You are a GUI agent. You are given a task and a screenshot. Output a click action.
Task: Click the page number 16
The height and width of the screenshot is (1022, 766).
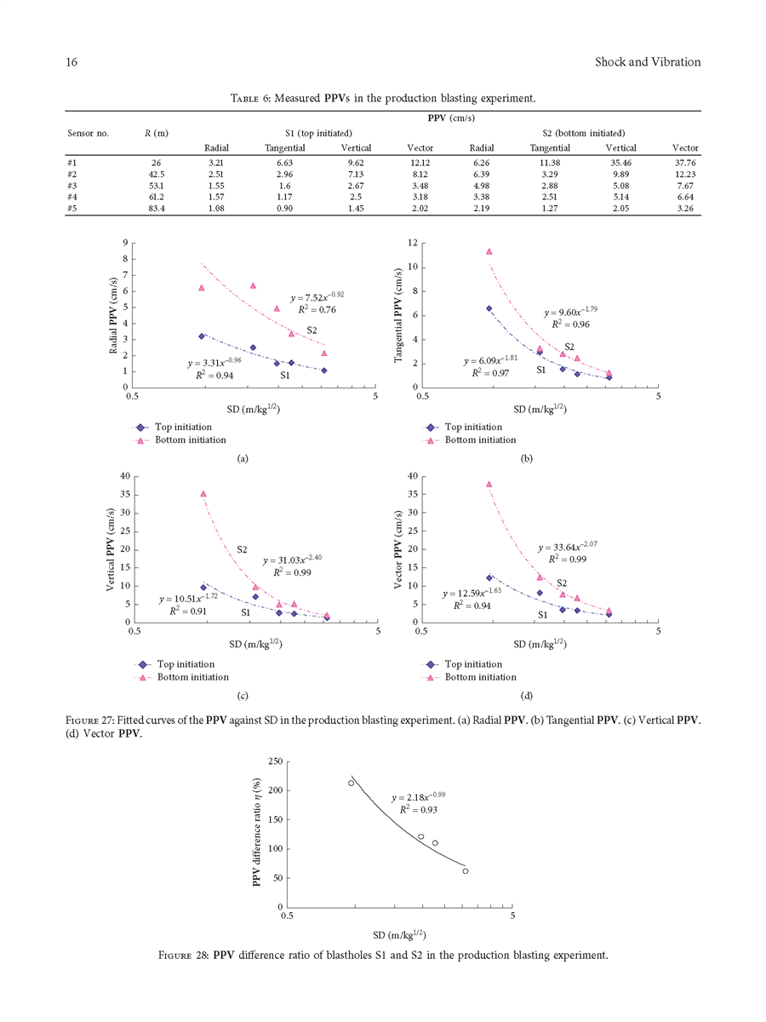[71, 62]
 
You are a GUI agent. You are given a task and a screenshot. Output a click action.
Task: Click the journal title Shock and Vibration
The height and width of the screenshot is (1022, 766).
[647, 62]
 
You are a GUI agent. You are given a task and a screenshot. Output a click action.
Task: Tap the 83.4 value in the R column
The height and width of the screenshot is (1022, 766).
[155, 209]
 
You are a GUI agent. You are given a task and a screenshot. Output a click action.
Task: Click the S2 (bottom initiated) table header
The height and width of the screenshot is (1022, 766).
[584, 133]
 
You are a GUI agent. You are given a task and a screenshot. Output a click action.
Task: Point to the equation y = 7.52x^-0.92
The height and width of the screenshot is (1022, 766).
[317, 297]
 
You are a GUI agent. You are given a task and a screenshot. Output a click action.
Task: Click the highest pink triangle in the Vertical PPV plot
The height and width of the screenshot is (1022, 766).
[203, 493]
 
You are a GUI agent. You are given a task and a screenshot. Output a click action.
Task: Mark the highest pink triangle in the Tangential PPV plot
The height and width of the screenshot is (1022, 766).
[489, 251]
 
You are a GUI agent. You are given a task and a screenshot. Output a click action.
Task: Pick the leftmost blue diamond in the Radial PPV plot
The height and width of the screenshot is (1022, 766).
[202, 336]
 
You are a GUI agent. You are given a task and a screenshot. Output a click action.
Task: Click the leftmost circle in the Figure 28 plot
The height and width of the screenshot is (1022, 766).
[352, 783]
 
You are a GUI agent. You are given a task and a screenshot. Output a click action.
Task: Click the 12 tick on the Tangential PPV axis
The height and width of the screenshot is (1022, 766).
[413, 244]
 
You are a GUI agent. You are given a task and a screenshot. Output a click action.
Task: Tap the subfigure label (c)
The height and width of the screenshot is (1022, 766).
[243, 696]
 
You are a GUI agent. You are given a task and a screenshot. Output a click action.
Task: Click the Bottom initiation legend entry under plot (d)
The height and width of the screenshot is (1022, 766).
[480, 677]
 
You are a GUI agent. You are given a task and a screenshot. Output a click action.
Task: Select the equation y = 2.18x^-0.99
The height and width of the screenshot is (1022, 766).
[419, 798]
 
